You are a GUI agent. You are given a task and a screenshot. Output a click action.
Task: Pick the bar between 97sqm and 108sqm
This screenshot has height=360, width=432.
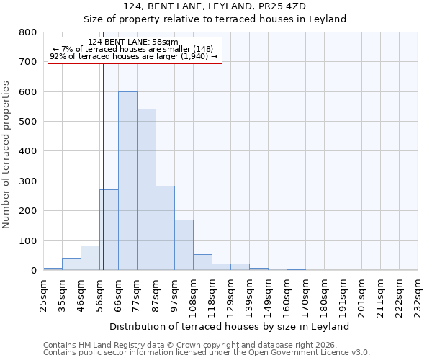[184, 245]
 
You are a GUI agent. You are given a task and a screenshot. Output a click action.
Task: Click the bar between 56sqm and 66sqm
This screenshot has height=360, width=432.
[109, 230]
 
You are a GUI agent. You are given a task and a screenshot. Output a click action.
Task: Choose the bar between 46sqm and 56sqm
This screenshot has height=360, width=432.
[90, 258]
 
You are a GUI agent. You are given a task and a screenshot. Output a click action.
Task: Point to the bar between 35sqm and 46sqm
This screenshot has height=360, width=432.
[71, 264]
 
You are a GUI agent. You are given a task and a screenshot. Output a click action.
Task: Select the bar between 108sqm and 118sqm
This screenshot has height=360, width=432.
[202, 262]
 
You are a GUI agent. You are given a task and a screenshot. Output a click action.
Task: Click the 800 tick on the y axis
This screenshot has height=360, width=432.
[28, 32]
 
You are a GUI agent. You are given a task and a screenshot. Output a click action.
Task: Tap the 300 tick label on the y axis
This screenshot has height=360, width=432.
[28, 181]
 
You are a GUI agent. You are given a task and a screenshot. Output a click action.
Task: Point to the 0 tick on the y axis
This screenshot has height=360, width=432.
[33, 271]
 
